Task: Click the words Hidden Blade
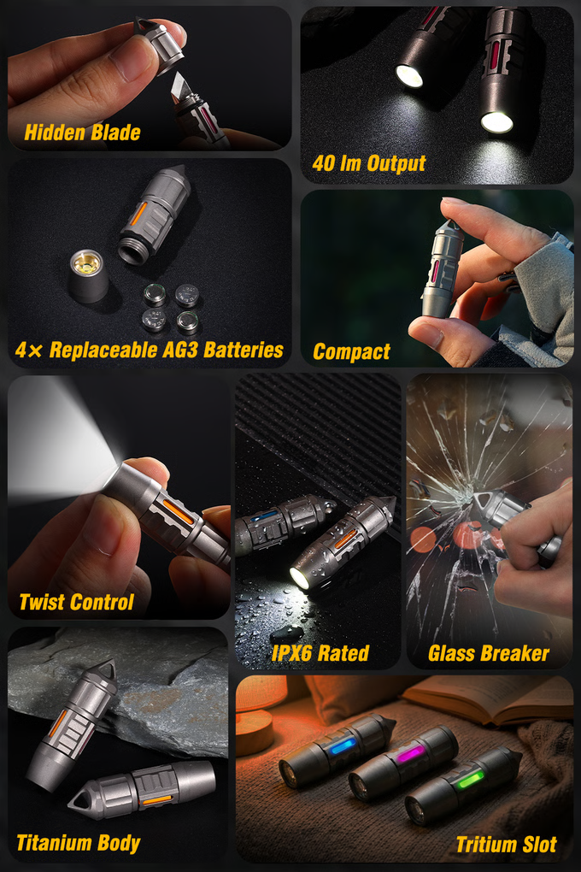point(82,133)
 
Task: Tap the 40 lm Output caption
point(368,163)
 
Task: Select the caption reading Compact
point(351,351)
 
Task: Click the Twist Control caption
point(76,602)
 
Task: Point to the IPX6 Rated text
point(320,653)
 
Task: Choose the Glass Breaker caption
point(489,653)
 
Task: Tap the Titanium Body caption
point(79,843)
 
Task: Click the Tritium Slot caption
point(507,845)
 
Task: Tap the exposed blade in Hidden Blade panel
point(182,87)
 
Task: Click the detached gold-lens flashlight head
point(88,275)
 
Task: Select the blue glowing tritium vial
point(343,747)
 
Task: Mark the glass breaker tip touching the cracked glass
point(476,498)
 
